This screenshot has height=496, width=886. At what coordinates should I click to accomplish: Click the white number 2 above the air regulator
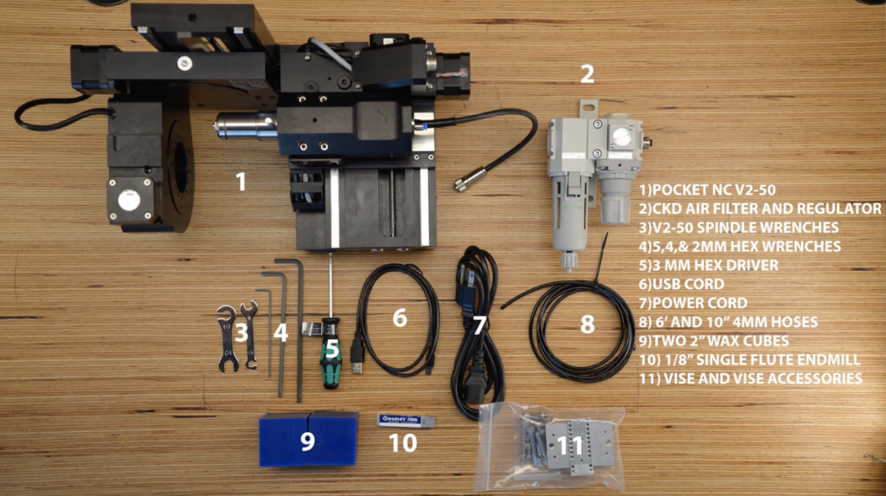tap(587, 74)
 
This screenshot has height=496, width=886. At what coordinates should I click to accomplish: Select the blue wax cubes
tap(309, 439)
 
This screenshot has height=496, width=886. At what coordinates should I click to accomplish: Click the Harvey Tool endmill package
tap(406, 420)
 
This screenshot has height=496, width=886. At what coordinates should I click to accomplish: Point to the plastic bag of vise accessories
tap(551, 446)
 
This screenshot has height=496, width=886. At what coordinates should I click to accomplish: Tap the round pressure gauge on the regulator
tap(621, 136)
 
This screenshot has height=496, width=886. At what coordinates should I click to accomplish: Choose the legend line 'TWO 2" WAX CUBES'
tap(714, 341)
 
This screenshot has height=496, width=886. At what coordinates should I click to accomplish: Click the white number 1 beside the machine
tap(241, 182)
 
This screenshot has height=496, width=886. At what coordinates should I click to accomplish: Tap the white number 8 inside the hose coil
tap(587, 325)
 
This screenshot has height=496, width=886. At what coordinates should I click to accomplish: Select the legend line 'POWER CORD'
tap(693, 303)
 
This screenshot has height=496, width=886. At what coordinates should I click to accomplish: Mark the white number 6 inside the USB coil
tap(400, 318)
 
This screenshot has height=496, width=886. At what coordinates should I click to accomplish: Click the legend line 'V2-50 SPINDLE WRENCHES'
tap(739, 228)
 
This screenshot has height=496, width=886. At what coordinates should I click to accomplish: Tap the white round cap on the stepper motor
tap(129, 200)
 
